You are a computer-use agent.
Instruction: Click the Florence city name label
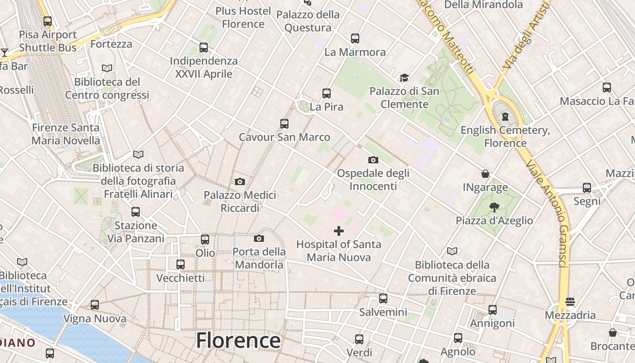click(238, 340)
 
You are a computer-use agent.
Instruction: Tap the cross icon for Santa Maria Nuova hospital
click(338, 231)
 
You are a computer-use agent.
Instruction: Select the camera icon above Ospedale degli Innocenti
click(373, 160)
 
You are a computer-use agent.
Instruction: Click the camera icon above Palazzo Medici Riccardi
click(240, 182)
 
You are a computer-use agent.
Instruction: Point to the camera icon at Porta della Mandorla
click(259, 238)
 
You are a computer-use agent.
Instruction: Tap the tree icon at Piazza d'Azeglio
click(494, 207)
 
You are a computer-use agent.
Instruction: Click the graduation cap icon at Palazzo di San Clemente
click(404, 78)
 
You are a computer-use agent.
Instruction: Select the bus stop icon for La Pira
click(326, 93)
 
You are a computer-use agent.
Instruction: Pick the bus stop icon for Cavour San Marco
click(284, 123)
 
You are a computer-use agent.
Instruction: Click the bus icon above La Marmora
click(355, 39)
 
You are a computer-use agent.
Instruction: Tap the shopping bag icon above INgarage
click(485, 174)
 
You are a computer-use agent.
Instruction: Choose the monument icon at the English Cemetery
click(505, 117)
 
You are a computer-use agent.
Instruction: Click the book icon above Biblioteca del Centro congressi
click(107, 69)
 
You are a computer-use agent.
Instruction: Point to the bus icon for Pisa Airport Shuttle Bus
click(48, 21)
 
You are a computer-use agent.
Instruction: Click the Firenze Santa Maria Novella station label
click(66, 134)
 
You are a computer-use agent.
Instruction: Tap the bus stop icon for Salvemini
click(383, 298)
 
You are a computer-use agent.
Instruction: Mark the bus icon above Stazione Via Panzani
click(135, 211)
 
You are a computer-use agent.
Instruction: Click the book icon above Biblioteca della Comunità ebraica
click(452, 251)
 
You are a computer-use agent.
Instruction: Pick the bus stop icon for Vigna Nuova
click(94, 305)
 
